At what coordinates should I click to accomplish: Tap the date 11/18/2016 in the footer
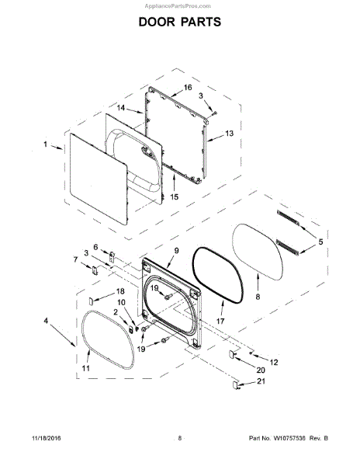point(46,438)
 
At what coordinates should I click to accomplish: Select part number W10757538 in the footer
point(289,438)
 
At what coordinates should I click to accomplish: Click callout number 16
point(188,87)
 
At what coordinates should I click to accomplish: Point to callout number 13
point(229,134)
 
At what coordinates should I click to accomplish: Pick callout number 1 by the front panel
point(46,144)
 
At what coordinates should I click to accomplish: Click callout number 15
point(175,196)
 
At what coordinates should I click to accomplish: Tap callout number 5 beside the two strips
point(320,242)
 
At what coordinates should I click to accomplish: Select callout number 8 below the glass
point(258,297)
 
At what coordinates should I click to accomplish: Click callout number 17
point(220,322)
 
